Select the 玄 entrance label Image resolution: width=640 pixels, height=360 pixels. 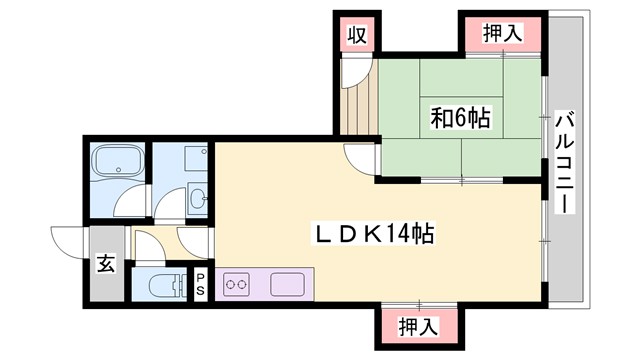pos(104,265)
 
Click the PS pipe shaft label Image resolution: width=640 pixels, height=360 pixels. pos(201,283)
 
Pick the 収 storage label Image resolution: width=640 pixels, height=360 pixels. pos(355,35)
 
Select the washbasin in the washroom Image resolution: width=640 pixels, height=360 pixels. pos(197,196)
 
